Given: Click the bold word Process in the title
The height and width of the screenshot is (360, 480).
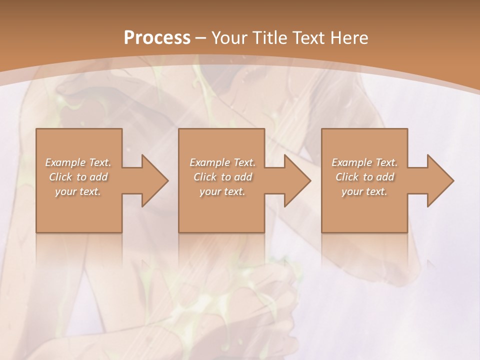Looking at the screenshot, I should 157,38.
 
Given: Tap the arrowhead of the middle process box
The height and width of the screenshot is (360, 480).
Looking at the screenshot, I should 297,180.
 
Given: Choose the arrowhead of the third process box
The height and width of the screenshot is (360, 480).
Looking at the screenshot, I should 440,180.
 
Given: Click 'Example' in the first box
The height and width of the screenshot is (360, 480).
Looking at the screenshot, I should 65,162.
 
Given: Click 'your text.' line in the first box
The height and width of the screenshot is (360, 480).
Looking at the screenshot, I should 78,191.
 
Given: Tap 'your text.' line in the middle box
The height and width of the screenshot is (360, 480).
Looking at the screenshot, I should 222,191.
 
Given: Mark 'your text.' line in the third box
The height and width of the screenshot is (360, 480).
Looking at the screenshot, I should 364,191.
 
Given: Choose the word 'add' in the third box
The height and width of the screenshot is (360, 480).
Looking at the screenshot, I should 386,177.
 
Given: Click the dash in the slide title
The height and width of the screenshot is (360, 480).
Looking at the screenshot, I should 201,38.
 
